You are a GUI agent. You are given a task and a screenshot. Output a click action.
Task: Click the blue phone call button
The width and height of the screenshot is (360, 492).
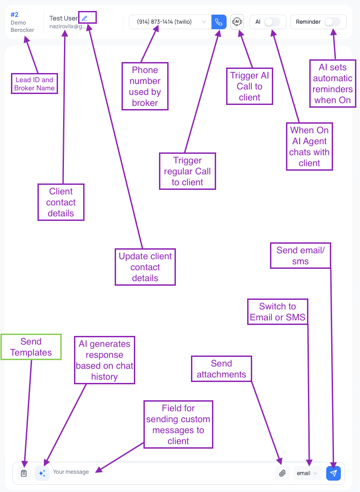(219, 22)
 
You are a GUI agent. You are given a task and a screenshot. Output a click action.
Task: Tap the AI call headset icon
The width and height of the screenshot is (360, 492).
(237, 22)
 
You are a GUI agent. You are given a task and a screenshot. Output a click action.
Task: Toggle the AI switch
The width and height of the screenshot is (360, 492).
(272, 22)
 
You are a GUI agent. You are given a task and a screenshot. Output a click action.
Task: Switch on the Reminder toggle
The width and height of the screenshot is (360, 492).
(332, 22)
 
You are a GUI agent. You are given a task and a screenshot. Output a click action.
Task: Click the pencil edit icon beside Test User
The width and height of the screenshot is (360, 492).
(85, 18)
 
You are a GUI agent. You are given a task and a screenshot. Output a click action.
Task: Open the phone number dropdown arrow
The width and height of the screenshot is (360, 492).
(204, 22)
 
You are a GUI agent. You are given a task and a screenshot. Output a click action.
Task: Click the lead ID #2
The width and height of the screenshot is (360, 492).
(15, 15)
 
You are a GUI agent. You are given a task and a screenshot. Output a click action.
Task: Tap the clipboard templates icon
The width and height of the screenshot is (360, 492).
(24, 473)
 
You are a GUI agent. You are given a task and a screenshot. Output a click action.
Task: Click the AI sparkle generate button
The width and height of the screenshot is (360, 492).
(42, 473)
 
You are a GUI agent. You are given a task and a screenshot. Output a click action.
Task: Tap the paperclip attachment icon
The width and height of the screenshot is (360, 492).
(282, 473)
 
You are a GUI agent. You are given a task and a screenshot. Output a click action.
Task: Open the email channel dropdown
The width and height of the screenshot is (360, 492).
(307, 473)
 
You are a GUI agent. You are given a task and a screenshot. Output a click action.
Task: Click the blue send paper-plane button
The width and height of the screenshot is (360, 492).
(334, 473)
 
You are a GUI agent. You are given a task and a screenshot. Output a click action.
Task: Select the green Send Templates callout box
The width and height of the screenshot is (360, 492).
(31, 347)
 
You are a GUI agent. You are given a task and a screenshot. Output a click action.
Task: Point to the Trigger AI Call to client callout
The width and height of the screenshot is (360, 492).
(249, 87)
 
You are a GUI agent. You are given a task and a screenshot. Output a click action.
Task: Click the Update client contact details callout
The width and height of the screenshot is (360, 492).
(145, 267)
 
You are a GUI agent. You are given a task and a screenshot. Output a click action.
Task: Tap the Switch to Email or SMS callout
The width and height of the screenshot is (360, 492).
(277, 312)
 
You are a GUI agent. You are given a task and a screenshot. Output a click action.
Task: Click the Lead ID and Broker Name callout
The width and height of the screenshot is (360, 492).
(35, 84)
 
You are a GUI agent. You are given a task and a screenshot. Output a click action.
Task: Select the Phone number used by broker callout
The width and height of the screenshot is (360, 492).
(145, 86)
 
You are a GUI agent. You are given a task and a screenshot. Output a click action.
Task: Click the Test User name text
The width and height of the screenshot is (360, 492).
(64, 18)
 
